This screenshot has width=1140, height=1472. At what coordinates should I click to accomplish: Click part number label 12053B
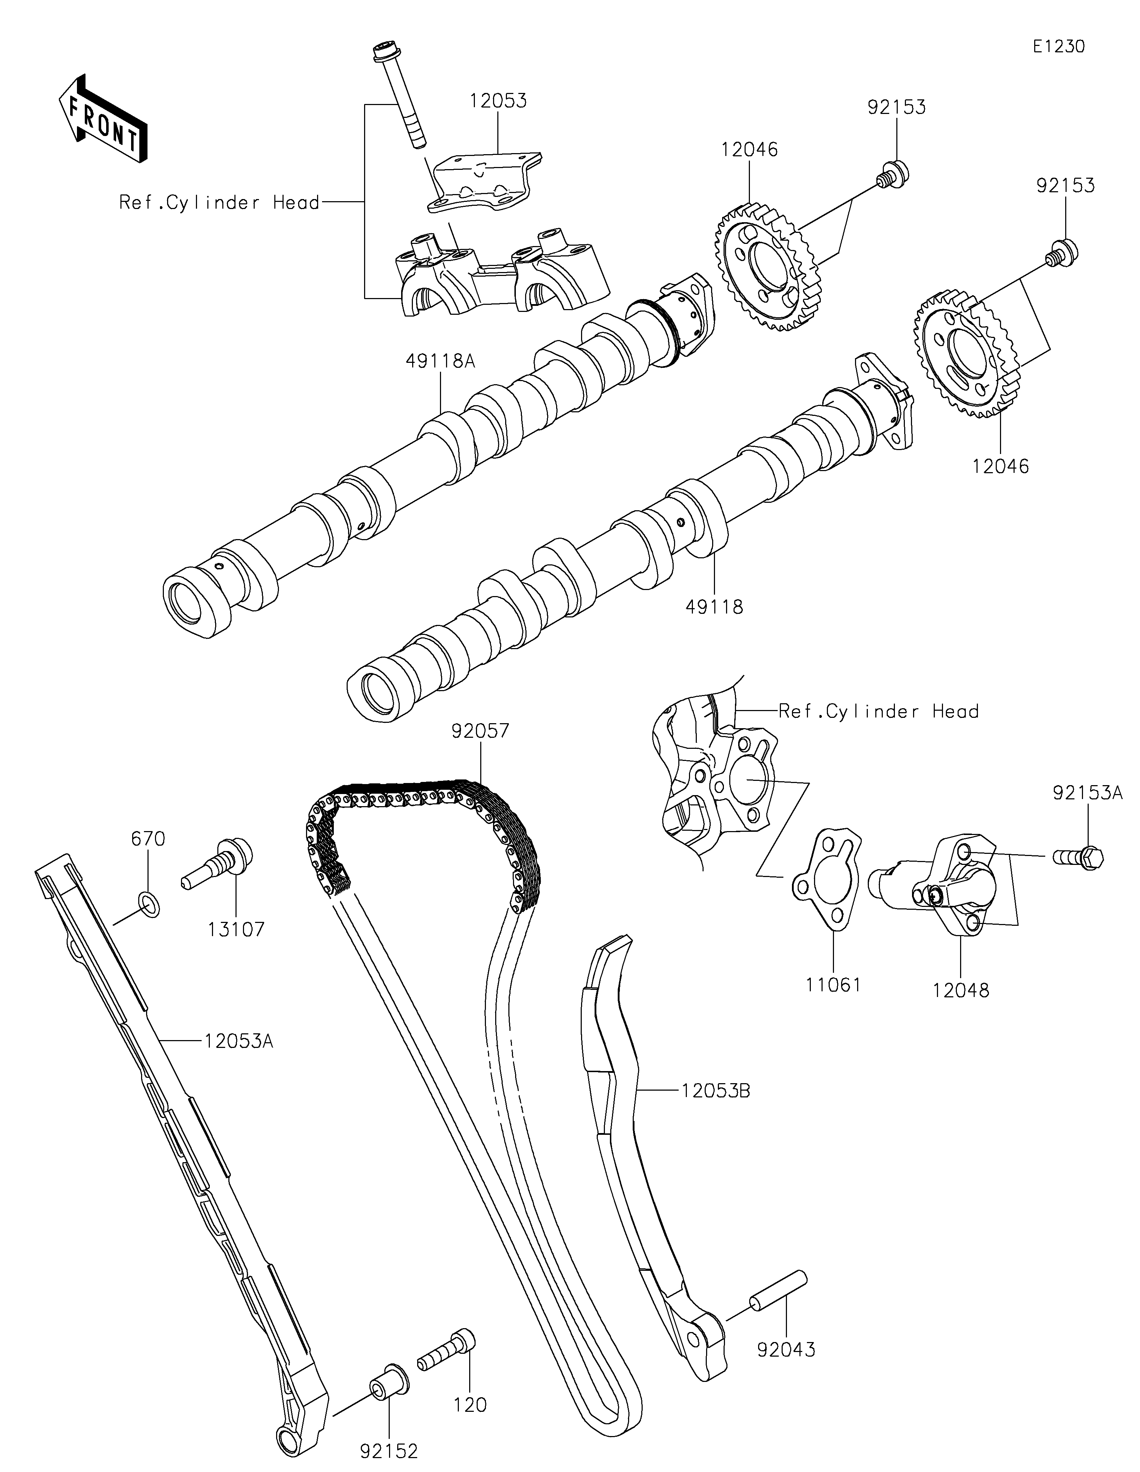point(716,1090)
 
